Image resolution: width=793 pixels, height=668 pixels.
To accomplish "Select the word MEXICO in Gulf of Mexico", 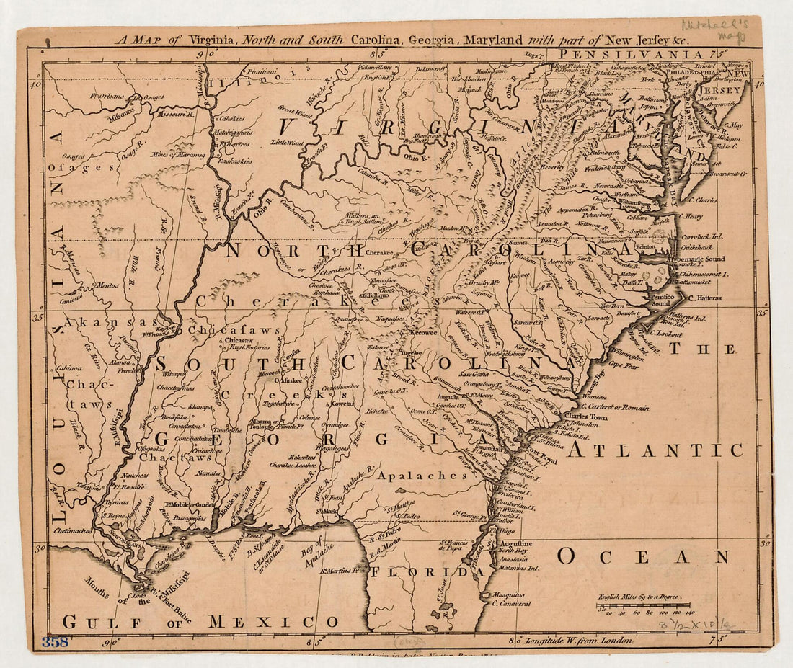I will click(273, 621).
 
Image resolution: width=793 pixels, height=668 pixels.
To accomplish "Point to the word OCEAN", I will click(643, 557).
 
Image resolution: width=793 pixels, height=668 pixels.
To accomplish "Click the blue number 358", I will click(55, 641).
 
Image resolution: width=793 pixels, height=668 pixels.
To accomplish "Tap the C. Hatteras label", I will click(711, 298).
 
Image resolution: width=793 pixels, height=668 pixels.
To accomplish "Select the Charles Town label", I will click(585, 417).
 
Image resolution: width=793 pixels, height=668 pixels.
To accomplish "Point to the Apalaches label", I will click(422, 476).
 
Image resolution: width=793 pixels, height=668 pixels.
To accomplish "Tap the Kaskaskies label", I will click(235, 161).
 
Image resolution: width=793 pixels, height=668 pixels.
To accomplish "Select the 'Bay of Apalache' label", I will click(318, 558).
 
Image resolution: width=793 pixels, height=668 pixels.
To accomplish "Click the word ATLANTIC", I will click(655, 451).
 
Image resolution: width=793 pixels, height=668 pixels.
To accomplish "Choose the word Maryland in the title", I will click(493, 40).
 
